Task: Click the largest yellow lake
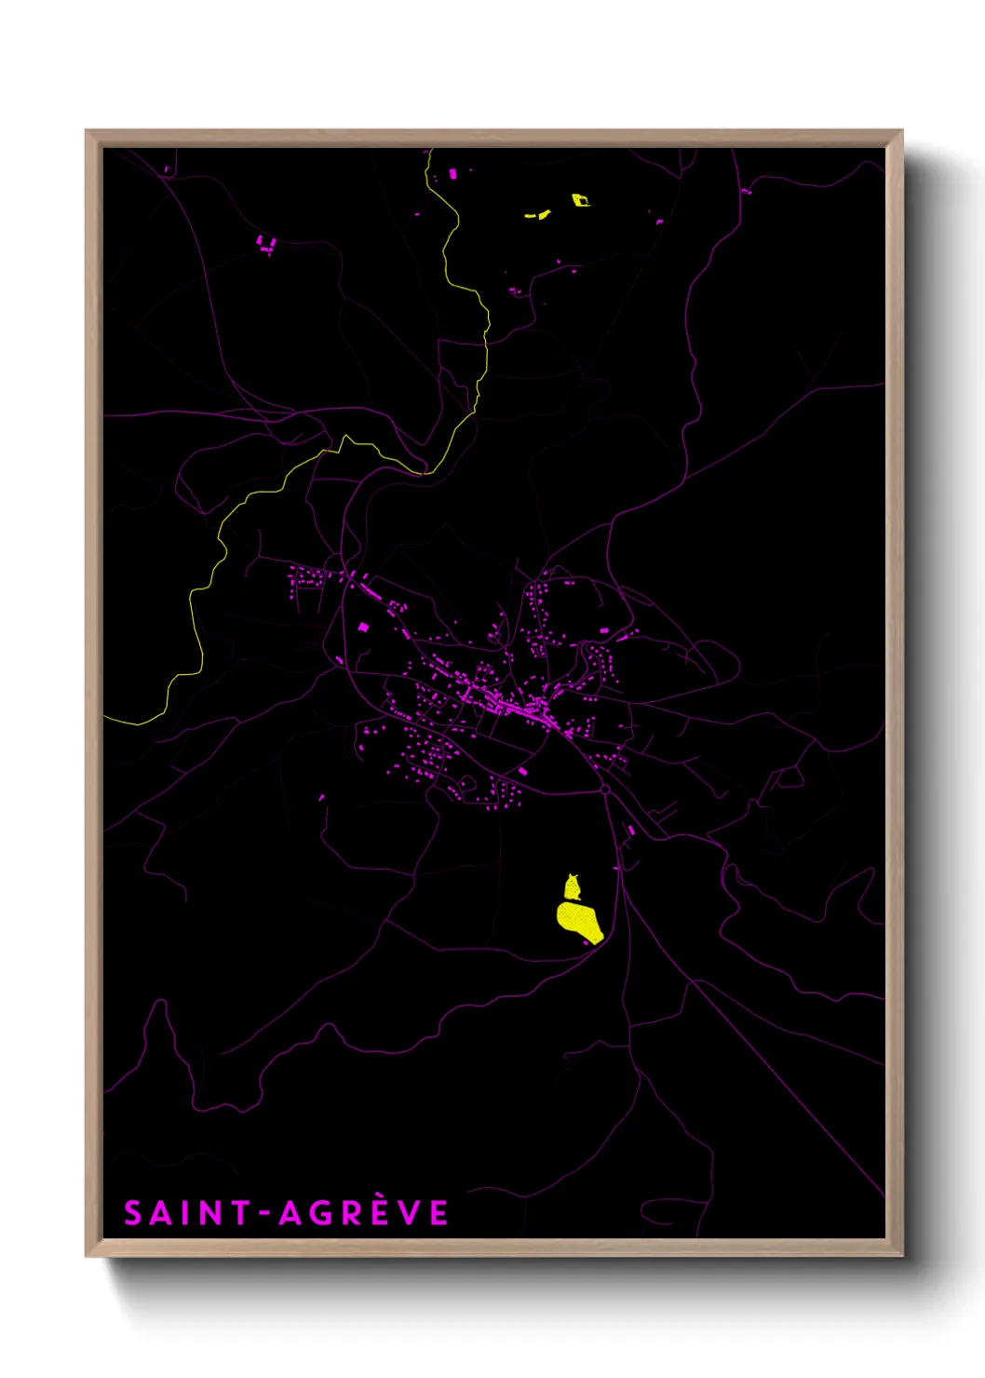pos(579,921)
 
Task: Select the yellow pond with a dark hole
pos(580,199)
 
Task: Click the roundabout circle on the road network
pos(604,790)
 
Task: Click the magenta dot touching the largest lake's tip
pos(587,943)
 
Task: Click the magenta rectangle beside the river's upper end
pos(453,174)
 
